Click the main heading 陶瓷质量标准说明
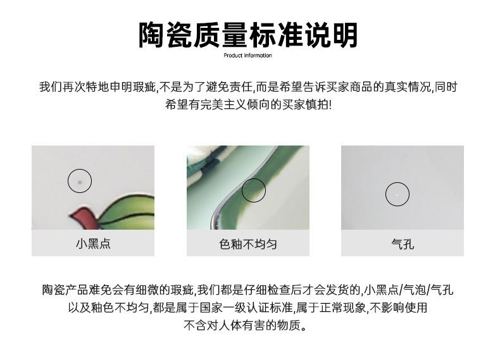[x=248, y=35]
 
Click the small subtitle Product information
[x=248, y=56]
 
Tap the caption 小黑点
[x=93, y=244]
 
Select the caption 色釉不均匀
[x=248, y=244]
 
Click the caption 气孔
[x=403, y=244]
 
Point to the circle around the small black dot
[x=80, y=182]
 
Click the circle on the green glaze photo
[x=254, y=190]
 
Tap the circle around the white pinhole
[x=397, y=194]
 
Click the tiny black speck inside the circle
[x=80, y=182]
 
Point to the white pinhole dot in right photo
[x=397, y=195]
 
